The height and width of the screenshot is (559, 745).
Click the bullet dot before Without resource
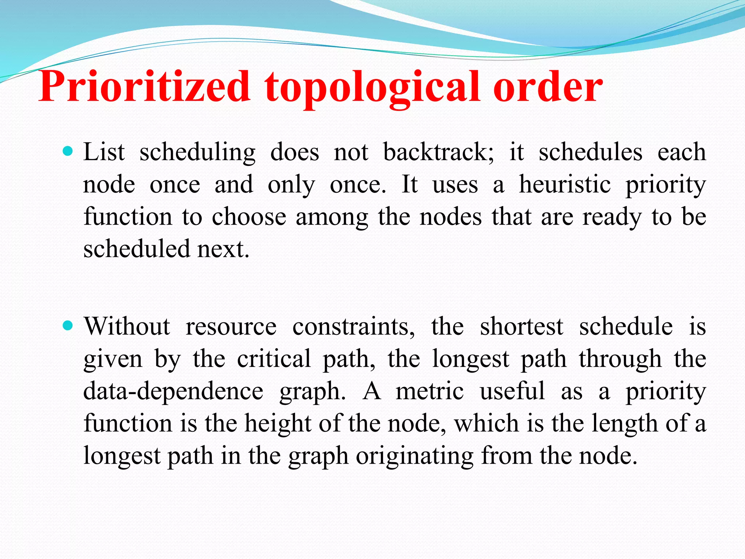68,325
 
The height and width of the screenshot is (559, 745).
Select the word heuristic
565,184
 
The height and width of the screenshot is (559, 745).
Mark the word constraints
353,326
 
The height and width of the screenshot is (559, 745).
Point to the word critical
274,358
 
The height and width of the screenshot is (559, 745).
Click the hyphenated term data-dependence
173,391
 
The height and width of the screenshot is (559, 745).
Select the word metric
430,391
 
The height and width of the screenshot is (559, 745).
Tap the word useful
512,391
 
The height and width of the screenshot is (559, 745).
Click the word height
278,424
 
